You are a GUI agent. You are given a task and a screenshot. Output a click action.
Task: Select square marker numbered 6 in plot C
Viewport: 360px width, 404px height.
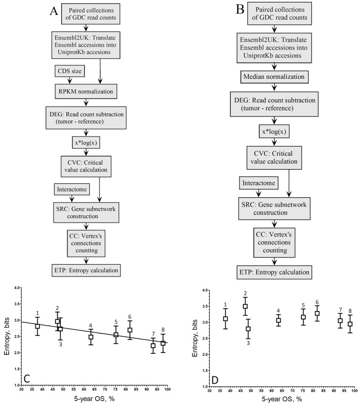pyautogui.click(x=130, y=330)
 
